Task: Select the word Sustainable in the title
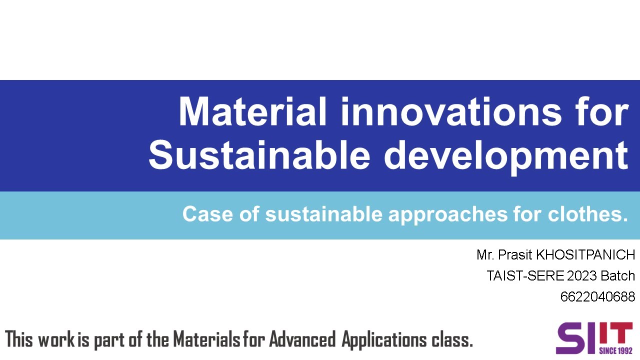coord(258,155)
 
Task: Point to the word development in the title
coord(505,155)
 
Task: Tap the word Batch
coord(617,276)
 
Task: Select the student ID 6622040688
coord(597,297)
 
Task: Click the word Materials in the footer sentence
coord(206,339)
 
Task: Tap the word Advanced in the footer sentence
coord(302,339)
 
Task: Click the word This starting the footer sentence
coord(19,339)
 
